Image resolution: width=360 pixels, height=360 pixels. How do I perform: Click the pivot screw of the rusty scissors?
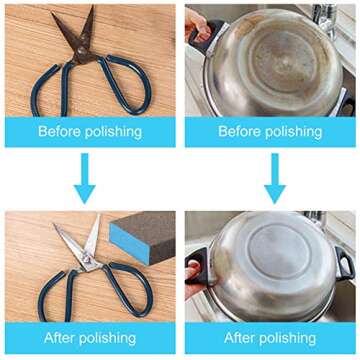(x=81, y=51)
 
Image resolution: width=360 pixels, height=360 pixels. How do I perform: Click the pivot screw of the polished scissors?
(x=87, y=258)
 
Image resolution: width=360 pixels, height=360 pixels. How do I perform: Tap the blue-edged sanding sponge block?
(x=142, y=236)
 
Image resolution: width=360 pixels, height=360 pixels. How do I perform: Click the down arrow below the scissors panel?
(x=85, y=178)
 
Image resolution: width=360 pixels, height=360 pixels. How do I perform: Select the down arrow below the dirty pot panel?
(x=275, y=178)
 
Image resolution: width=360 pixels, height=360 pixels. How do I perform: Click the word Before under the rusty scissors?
(x=60, y=132)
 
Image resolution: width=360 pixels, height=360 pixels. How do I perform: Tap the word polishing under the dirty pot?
(x=294, y=132)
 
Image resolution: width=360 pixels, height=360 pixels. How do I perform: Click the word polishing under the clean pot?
(x=287, y=339)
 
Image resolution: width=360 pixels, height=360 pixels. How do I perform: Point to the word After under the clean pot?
(x=239, y=338)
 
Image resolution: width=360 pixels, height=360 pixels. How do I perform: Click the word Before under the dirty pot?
(x=240, y=132)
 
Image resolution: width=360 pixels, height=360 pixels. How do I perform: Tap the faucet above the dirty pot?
(x=324, y=18)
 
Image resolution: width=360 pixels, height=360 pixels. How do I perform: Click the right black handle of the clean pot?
(x=344, y=263)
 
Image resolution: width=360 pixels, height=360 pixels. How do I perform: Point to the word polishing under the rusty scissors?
(x=113, y=132)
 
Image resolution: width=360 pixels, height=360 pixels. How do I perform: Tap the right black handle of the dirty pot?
(x=345, y=103)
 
